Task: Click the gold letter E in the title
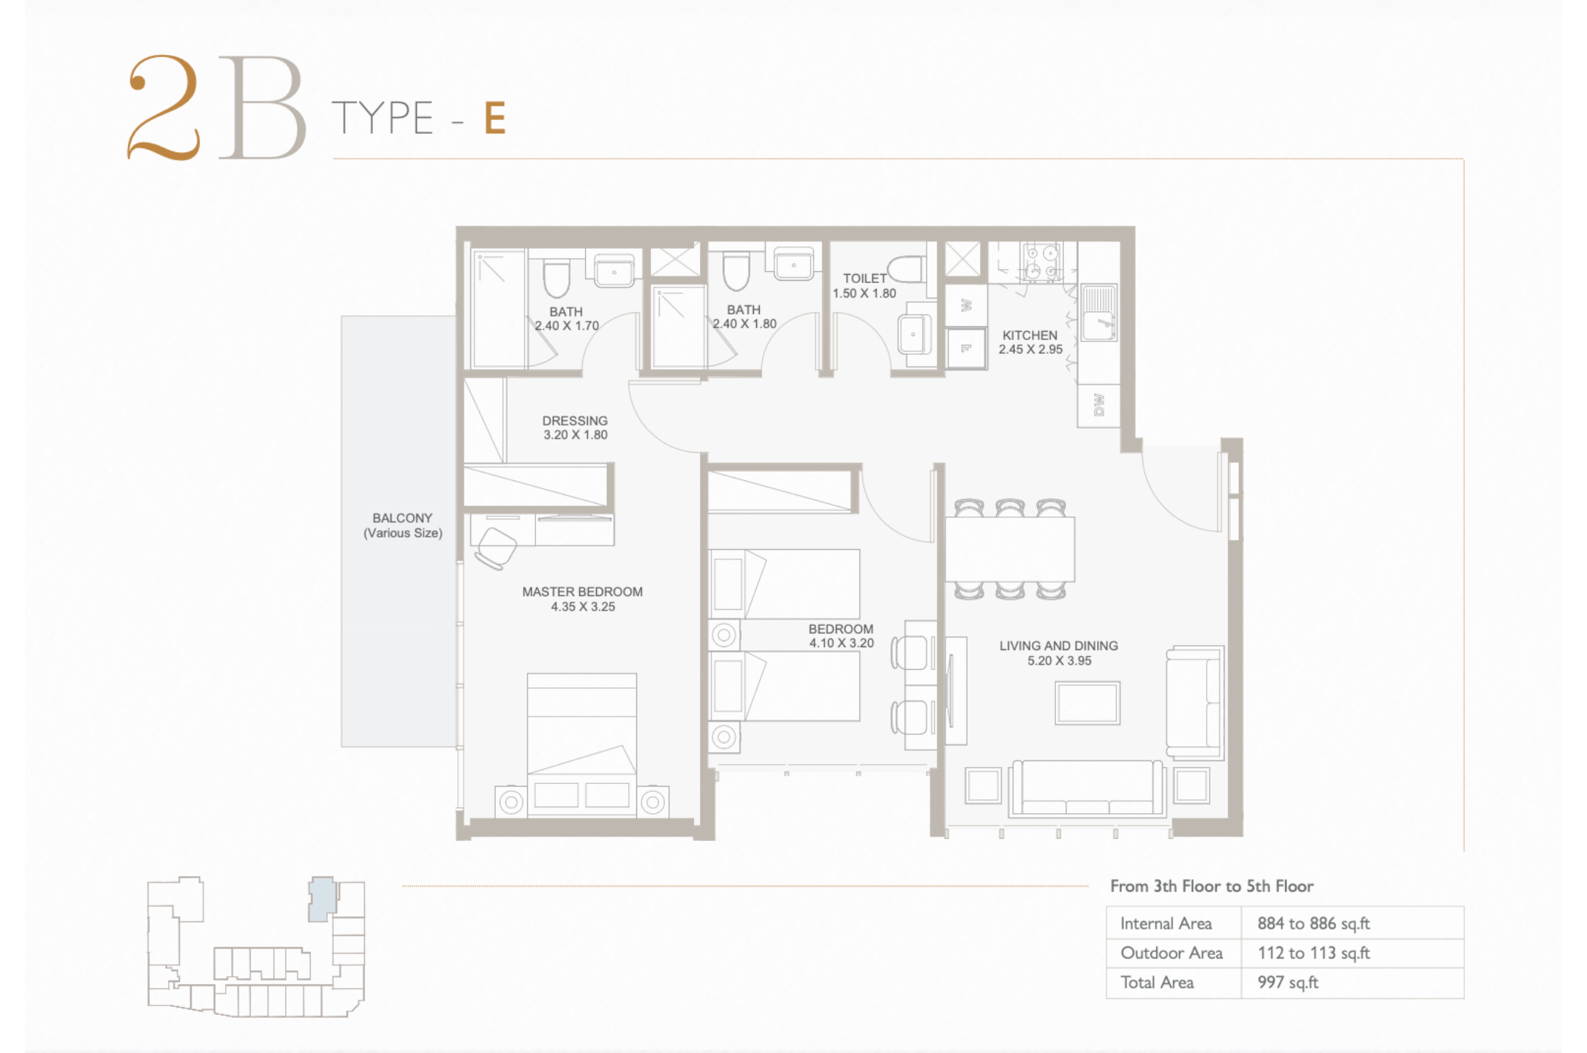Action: pos(495,118)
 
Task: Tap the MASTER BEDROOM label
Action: pos(582,592)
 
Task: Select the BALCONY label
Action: pos(402,518)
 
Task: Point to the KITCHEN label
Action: pos(1030,335)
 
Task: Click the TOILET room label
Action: pos(864,279)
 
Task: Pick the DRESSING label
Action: pos(575,420)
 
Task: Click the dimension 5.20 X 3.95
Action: pos(1059,660)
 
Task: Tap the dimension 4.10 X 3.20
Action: pos(841,643)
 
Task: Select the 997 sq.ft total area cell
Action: pos(1288,982)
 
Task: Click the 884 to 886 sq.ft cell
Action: pos(1313,924)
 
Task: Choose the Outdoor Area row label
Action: pos(1172,953)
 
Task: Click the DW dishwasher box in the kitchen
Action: pos(1098,405)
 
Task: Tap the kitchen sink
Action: pos(1098,313)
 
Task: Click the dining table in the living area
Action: pos(1010,549)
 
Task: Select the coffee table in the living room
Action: pos(1087,703)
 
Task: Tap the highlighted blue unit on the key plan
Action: pos(322,899)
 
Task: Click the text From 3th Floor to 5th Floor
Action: pos(1212,886)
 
